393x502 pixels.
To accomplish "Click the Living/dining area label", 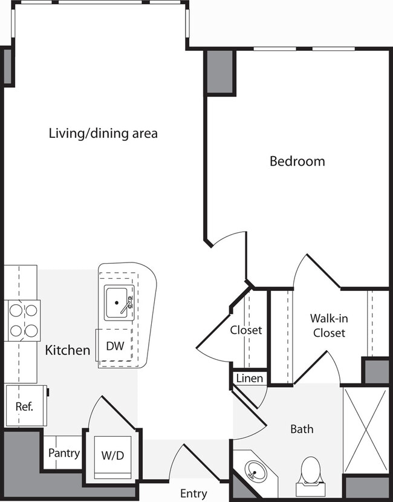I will point(103,133).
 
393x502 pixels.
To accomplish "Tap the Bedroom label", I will point(297,161).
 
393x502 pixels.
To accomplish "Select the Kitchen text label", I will point(68,350).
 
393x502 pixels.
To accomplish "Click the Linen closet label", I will point(250,379).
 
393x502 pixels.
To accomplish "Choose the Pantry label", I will point(64,453).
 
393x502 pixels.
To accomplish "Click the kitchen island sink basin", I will point(117,302).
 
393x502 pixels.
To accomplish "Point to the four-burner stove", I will point(23,321).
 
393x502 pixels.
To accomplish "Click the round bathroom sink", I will point(256,472).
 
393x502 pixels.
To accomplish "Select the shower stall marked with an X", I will point(365,430).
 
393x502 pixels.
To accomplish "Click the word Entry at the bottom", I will point(193,494).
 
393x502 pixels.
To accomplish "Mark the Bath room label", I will point(302,429).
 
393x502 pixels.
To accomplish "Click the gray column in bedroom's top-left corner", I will point(220,71).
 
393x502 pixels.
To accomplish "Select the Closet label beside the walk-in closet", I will point(246,330).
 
